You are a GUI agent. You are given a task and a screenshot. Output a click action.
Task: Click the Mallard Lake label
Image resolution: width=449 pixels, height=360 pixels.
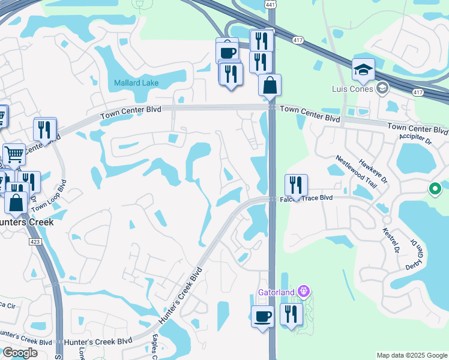click(136, 83)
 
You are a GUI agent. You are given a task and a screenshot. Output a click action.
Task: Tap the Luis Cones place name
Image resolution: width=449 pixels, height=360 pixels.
click(352, 89)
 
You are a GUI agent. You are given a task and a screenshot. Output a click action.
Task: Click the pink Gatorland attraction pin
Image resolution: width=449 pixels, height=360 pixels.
click(304, 292)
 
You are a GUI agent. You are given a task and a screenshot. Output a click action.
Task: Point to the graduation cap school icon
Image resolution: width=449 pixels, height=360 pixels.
click(363, 71)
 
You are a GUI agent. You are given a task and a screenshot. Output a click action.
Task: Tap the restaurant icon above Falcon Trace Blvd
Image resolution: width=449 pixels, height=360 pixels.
click(296, 185)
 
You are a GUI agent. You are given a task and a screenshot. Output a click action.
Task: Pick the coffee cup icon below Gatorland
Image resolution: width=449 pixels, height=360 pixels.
click(262, 316)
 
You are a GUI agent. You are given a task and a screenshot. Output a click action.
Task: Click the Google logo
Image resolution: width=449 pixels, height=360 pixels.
click(20, 353)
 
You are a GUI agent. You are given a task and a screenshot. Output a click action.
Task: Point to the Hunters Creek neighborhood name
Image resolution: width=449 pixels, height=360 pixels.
click(26, 222)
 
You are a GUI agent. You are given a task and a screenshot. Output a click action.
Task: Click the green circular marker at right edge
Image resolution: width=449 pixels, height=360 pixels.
click(436, 190)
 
